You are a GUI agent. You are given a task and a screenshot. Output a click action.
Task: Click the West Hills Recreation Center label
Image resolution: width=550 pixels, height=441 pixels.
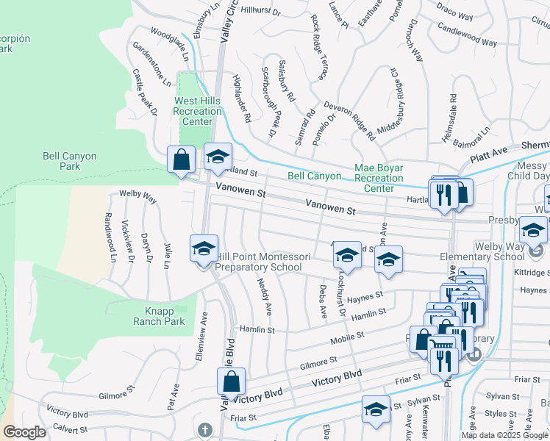pyautogui.click(x=197, y=111)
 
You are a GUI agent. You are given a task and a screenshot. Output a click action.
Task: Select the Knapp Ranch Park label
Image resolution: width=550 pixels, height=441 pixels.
pyautogui.click(x=159, y=316)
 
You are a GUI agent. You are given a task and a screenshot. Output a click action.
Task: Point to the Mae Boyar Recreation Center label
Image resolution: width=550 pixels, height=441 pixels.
pyautogui.click(x=379, y=179)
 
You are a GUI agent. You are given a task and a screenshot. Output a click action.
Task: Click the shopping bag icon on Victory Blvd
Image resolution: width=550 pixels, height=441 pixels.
pyautogui.click(x=231, y=382)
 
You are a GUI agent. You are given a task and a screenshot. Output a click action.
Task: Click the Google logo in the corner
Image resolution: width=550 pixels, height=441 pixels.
pyautogui.click(x=24, y=432)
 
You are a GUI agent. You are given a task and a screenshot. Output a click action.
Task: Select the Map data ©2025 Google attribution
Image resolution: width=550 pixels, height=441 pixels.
pyautogui.click(x=504, y=435)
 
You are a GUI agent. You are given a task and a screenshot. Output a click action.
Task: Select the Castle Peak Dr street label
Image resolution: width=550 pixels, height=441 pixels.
pyautogui.click(x=144, y=93)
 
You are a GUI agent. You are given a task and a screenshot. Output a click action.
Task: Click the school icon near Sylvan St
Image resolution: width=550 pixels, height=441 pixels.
pyautogui.click(x=376, y=410)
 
